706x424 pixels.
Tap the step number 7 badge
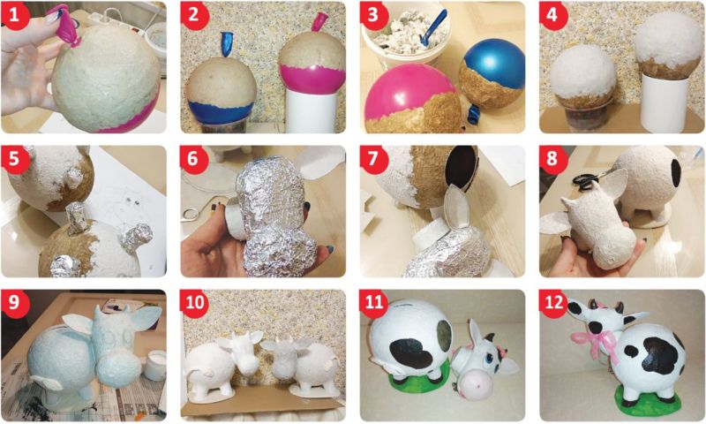coord(372,158)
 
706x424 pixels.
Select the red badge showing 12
coord(552,301)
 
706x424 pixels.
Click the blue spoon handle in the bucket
coord(432,28)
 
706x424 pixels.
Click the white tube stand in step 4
coord(665,102)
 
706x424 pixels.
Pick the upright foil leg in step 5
coord(76,217)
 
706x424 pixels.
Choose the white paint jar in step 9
coord(154,365)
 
